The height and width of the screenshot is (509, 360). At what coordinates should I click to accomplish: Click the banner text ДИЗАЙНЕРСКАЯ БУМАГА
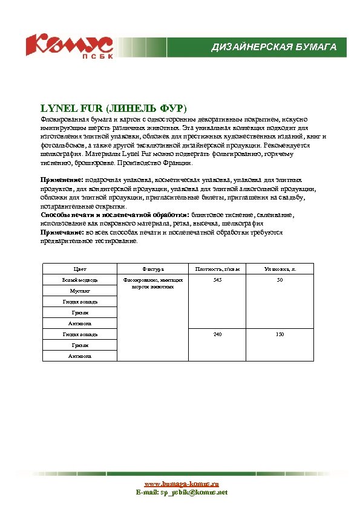point(273,47)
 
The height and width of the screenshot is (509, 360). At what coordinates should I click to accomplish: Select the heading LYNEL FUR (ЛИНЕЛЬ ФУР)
point(114,109)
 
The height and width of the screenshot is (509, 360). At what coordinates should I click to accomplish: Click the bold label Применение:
point(62,180)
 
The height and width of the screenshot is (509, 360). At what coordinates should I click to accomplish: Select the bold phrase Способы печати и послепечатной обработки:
point(115,215)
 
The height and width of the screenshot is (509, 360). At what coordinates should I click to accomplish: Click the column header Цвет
point(80,268)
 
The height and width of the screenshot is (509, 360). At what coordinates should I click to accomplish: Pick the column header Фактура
point(153,268)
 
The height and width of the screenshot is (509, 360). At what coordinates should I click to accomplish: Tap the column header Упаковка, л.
point(280,268)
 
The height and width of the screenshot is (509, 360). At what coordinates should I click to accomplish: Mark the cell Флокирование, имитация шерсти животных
point(153,283)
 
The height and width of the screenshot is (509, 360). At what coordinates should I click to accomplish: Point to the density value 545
point(218,280)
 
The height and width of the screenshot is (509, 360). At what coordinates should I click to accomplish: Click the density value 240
point(218,334)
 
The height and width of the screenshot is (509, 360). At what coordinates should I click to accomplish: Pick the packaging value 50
point(280,280)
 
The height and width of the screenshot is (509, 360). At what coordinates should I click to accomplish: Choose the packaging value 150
point(280,334)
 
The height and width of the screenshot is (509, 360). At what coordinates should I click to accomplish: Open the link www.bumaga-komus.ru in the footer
point(181,484)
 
